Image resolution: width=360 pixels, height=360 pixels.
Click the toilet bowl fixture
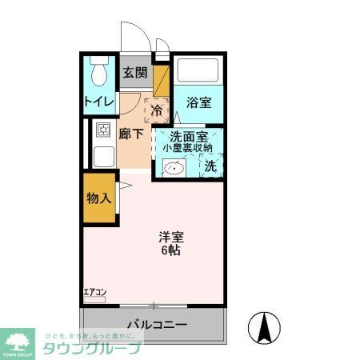pos(100,74)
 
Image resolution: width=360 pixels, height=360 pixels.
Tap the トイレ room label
pos(100,102)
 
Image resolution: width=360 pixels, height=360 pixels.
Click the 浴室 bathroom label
pos(198,102)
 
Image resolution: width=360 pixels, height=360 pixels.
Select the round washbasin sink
pos(174,167)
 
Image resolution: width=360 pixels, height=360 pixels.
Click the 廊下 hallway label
pos(132,134)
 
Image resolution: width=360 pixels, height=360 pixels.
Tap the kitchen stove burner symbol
pos(103,130)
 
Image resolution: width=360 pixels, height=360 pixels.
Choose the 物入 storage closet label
pos(99,198)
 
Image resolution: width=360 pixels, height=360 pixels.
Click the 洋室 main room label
pos(172,238)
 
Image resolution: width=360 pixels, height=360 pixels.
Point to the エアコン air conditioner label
pos(94,292)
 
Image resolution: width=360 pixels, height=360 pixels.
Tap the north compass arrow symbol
pos(264,327)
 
